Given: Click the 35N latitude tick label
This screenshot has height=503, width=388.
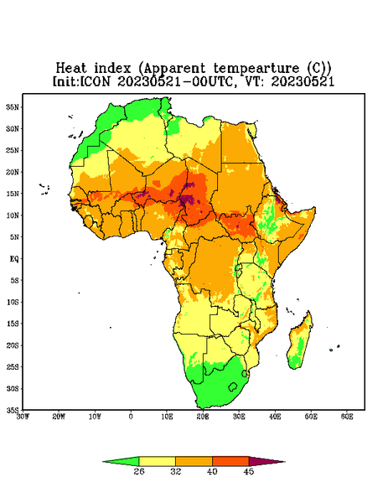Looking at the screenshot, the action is (x=13, y=107).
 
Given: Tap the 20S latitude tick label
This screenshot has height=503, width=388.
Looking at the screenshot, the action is (x=13, y=345).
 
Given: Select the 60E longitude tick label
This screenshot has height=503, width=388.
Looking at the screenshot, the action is (x=347, y=417).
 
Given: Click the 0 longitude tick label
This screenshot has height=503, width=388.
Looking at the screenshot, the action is (x=131, y=417).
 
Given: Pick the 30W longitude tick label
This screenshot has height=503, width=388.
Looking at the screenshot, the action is (x=23, y=417).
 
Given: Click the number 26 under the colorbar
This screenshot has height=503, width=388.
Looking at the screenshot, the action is (x=139, y=471).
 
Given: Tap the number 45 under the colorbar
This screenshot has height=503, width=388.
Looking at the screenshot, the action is (x=249, y=471).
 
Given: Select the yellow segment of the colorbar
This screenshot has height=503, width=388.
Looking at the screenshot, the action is (x=157, y=461).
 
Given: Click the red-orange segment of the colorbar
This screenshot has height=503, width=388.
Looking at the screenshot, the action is (x=230, y=461).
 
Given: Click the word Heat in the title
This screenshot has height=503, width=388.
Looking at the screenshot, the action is (x=71, y=69).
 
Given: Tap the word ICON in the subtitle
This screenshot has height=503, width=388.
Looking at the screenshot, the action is (x=95, y=81).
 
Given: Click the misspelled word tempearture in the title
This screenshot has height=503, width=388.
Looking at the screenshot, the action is (x=256, y=69).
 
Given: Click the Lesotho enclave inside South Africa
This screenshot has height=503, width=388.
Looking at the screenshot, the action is (x=233, y=386).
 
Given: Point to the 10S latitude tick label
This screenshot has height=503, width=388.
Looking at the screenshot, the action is (x=13, y=302).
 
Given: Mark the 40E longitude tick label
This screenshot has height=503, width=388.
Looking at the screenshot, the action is (x=275, y=417).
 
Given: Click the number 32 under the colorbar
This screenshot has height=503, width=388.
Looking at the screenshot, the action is (x=175, y=471).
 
